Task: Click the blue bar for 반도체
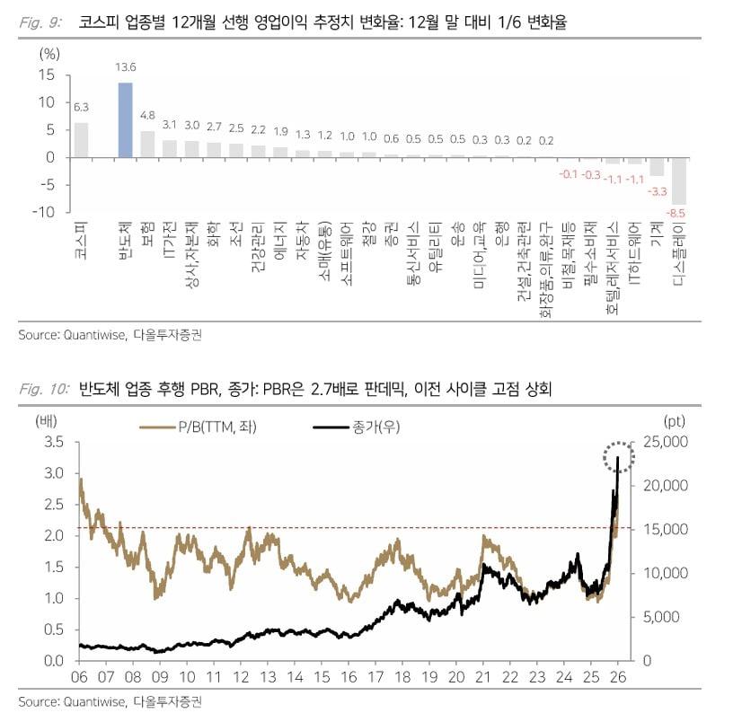pos(126,120)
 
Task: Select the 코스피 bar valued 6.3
pos(81,140)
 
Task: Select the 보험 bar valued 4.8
pos(147,144)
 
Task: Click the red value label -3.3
pos(658,190)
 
